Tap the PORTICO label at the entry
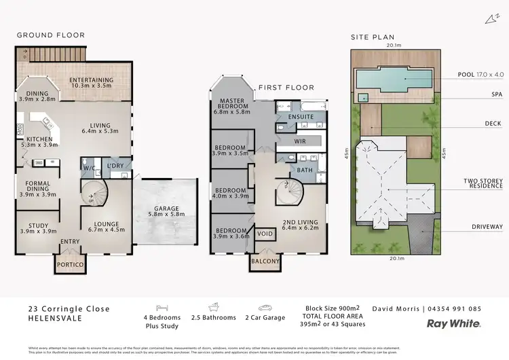click(x=70, y=264)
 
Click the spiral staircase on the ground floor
click(x=94, y=194)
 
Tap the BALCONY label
click(x=265, y=262)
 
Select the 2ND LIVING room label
click(x=299, y=221)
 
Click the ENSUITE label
click(x=301, y=116)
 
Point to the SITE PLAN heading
click(x=372, y=38)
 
